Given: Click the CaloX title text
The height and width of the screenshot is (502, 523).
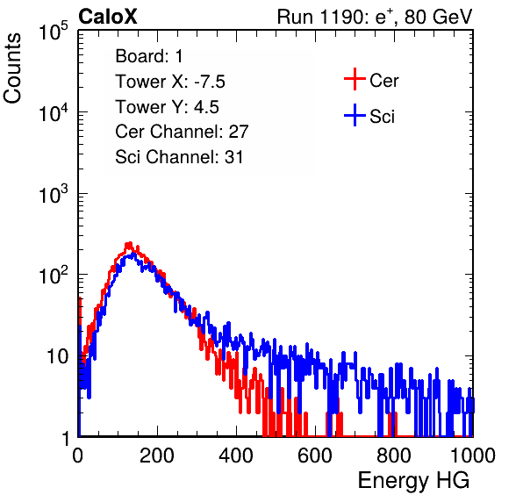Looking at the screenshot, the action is point(107,17).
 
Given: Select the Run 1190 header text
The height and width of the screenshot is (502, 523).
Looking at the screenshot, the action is point(375,17).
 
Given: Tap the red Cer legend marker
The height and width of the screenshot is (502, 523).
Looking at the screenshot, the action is point(355,79).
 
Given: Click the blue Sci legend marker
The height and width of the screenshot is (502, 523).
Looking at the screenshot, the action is point(355,115).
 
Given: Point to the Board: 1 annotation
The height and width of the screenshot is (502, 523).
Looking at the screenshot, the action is point(149,56).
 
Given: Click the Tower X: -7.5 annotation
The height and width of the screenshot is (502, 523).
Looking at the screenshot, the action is point(170,82).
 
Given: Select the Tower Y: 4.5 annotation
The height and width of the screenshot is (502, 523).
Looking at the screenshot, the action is point(167,107).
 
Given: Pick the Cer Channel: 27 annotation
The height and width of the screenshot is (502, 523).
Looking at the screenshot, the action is point(182,132).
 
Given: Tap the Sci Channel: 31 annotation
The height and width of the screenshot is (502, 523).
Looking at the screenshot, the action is point(179,157).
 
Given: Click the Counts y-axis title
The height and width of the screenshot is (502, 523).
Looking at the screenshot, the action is point(12,68).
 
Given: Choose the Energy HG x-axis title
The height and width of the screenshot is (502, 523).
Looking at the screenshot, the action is point(413,481).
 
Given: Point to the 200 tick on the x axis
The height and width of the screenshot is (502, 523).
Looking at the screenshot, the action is point(157,455).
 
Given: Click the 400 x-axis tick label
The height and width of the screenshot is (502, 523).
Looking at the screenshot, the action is point(236,455).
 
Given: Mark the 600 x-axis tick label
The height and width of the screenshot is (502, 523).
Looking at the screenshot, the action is point(315,455).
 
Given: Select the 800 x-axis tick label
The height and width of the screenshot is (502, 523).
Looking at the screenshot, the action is point(394,455).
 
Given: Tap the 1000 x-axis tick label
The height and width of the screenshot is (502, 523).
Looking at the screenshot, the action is point(473,455).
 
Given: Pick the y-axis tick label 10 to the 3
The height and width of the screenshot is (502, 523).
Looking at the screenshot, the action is point(54,193).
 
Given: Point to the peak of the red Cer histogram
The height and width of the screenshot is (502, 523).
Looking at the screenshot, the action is point(129,244).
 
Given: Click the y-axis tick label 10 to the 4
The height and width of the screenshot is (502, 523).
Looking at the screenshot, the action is point(54,112).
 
